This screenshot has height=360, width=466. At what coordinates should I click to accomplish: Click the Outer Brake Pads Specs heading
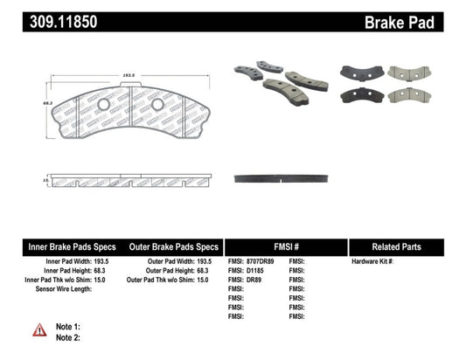pyautogui.click(x=173, y=246)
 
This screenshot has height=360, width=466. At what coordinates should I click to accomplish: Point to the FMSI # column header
pyautogui.click(x=285, y=246)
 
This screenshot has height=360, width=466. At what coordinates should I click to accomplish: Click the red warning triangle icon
pyautogui.click(x=38, y=329)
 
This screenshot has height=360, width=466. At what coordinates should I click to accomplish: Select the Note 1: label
pyautogui.click(x=68, y=325)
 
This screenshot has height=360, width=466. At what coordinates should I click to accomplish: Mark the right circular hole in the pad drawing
pyautogui.click(x=157, y=105)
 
